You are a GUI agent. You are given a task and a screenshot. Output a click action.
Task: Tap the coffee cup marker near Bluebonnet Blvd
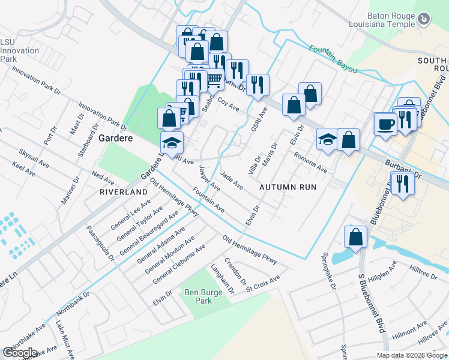pyautogui.click(x=385, y=124)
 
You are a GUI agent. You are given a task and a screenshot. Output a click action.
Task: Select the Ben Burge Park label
pyautogui.click(x=199, y=297)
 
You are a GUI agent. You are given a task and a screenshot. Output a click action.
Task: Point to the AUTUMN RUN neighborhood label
pyautogui.click(x=288, y=187)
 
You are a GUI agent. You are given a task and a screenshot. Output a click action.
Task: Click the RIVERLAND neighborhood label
pyautogui.click(x=124, y=191)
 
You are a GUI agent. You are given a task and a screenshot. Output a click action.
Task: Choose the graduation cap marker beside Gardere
pyautogui.click(x=172, y=143)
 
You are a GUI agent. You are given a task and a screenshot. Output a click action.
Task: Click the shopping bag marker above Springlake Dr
pyautogui.click(x=356, y=236)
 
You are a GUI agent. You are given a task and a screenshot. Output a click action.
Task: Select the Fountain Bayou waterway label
pyautogui.click(x=333, y=60)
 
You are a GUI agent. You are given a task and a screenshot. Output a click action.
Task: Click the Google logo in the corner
pyautogui.click(x=20, y=353)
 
